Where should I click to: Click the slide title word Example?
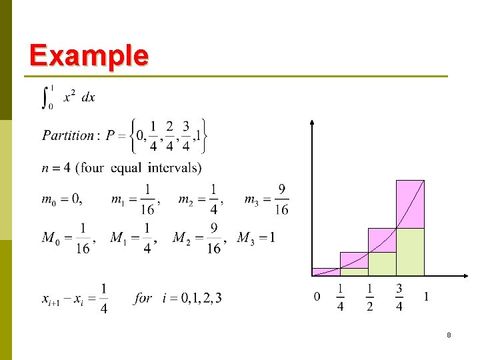[89, 55]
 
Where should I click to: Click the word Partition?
[68, 135]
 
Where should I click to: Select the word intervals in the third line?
[174, 167]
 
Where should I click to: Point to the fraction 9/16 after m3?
[281, 199]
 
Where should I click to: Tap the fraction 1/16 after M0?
[83, 238]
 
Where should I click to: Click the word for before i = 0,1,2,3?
[143, 298]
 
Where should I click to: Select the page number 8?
[449, 335]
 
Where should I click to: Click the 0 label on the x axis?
[317, 297]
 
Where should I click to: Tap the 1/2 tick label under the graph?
[369, 297]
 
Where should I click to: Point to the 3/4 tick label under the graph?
[399, 297]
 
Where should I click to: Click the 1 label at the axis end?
[426, 297]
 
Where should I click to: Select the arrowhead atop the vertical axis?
[313, 123]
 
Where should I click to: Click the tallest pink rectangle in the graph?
[410, 203]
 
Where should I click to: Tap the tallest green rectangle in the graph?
[410, 252]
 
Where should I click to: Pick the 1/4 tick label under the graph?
[340, 297]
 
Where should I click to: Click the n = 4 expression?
[56, 167]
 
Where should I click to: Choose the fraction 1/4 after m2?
[213, 199]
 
